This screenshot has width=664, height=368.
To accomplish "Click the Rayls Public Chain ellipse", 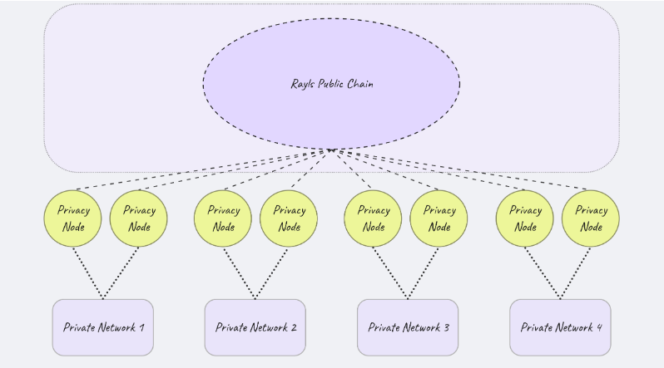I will pos(331,108).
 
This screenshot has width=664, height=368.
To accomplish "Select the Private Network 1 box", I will pos(103,327).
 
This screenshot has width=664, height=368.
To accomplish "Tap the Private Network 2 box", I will pos(255,327).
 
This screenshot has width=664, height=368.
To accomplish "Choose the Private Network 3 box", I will pos(408,327).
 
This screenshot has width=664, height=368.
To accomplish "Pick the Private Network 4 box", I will pos(560,327).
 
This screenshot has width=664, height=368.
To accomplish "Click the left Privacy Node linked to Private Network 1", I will pos(73,218).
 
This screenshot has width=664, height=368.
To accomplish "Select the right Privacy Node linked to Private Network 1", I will pos(139,218).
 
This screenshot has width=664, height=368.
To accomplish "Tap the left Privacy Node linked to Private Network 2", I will pos(223,218).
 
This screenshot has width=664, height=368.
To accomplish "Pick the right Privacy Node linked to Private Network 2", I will pos(289,218).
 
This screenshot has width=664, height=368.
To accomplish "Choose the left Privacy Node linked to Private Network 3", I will pos(374,218).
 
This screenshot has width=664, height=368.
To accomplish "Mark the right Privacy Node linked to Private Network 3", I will pos(439,218).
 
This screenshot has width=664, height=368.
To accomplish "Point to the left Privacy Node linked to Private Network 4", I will pos(525,218).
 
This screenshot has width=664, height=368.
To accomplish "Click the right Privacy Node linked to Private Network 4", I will pos(591,218).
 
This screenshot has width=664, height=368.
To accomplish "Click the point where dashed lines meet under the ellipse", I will pos(331,150).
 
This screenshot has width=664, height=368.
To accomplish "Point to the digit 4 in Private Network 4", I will pos(599,327).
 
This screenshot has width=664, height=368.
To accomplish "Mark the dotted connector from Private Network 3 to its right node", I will pos(422,273).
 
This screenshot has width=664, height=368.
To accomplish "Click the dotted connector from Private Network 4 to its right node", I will pos(574,273).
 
